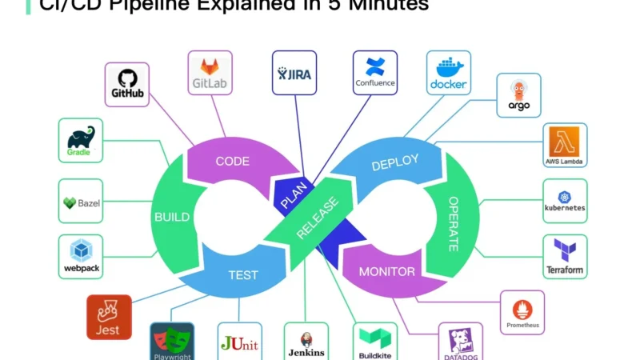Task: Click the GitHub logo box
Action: point(127,84)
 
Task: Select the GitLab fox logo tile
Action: point(210,73)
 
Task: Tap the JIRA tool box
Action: point(294,73)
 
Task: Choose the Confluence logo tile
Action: point(375,73)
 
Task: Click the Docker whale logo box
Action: point(448,73)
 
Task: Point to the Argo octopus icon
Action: point(518,95)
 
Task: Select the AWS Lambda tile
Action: point(565,145)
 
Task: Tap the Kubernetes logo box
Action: point(565,200)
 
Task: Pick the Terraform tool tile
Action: point(565,256)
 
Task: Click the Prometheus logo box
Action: point(522,312)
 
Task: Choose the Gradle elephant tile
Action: point(81,141)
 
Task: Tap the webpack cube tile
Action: point(81,256)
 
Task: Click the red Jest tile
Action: point(109,317)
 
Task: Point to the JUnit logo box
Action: point(239,342)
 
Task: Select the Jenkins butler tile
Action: point(306,342)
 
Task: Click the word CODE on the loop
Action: point(232,161)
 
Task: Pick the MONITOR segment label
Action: point(386,272)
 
